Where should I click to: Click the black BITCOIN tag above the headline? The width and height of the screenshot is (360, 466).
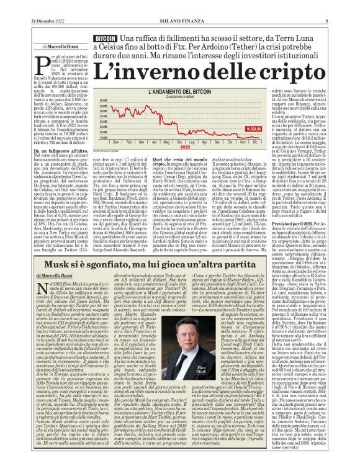(104, 38)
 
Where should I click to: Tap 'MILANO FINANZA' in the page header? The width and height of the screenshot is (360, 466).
(179, 6)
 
